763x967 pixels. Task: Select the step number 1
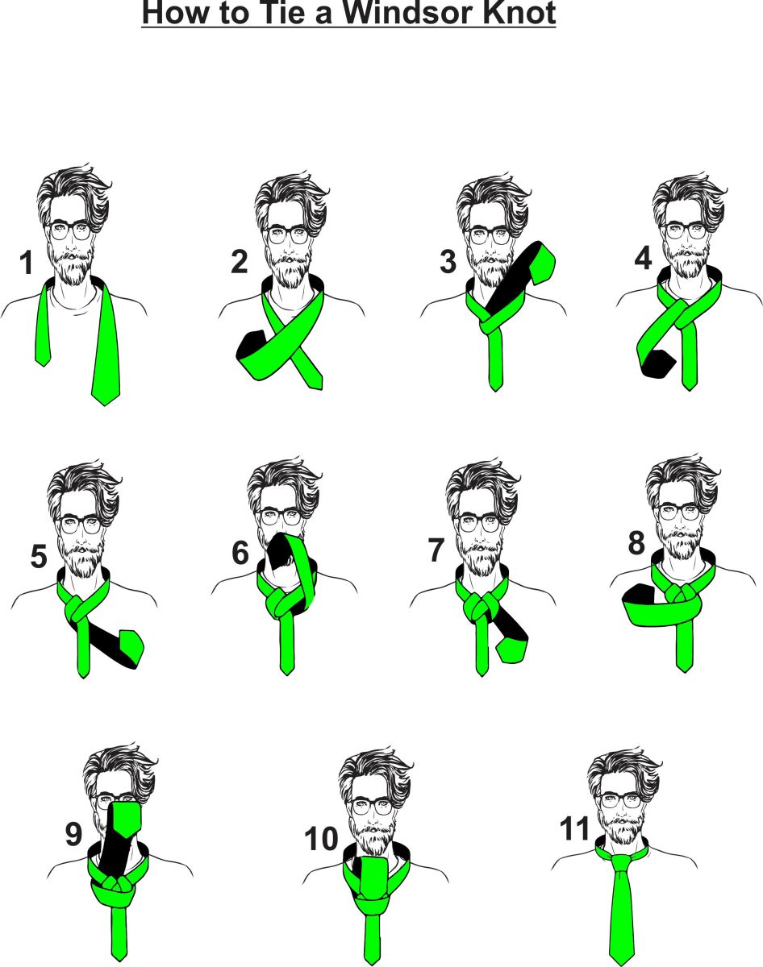pyautogui.click(x=26, y=263)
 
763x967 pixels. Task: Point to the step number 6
pyautogui.click(x=240, y=554)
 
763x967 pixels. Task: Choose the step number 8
pyautogui.click(x=636, y=544)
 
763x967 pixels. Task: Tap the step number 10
pyautogui.click(x=321, y=839)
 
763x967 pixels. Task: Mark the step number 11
pyautogui.click(x=576, y=829)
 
